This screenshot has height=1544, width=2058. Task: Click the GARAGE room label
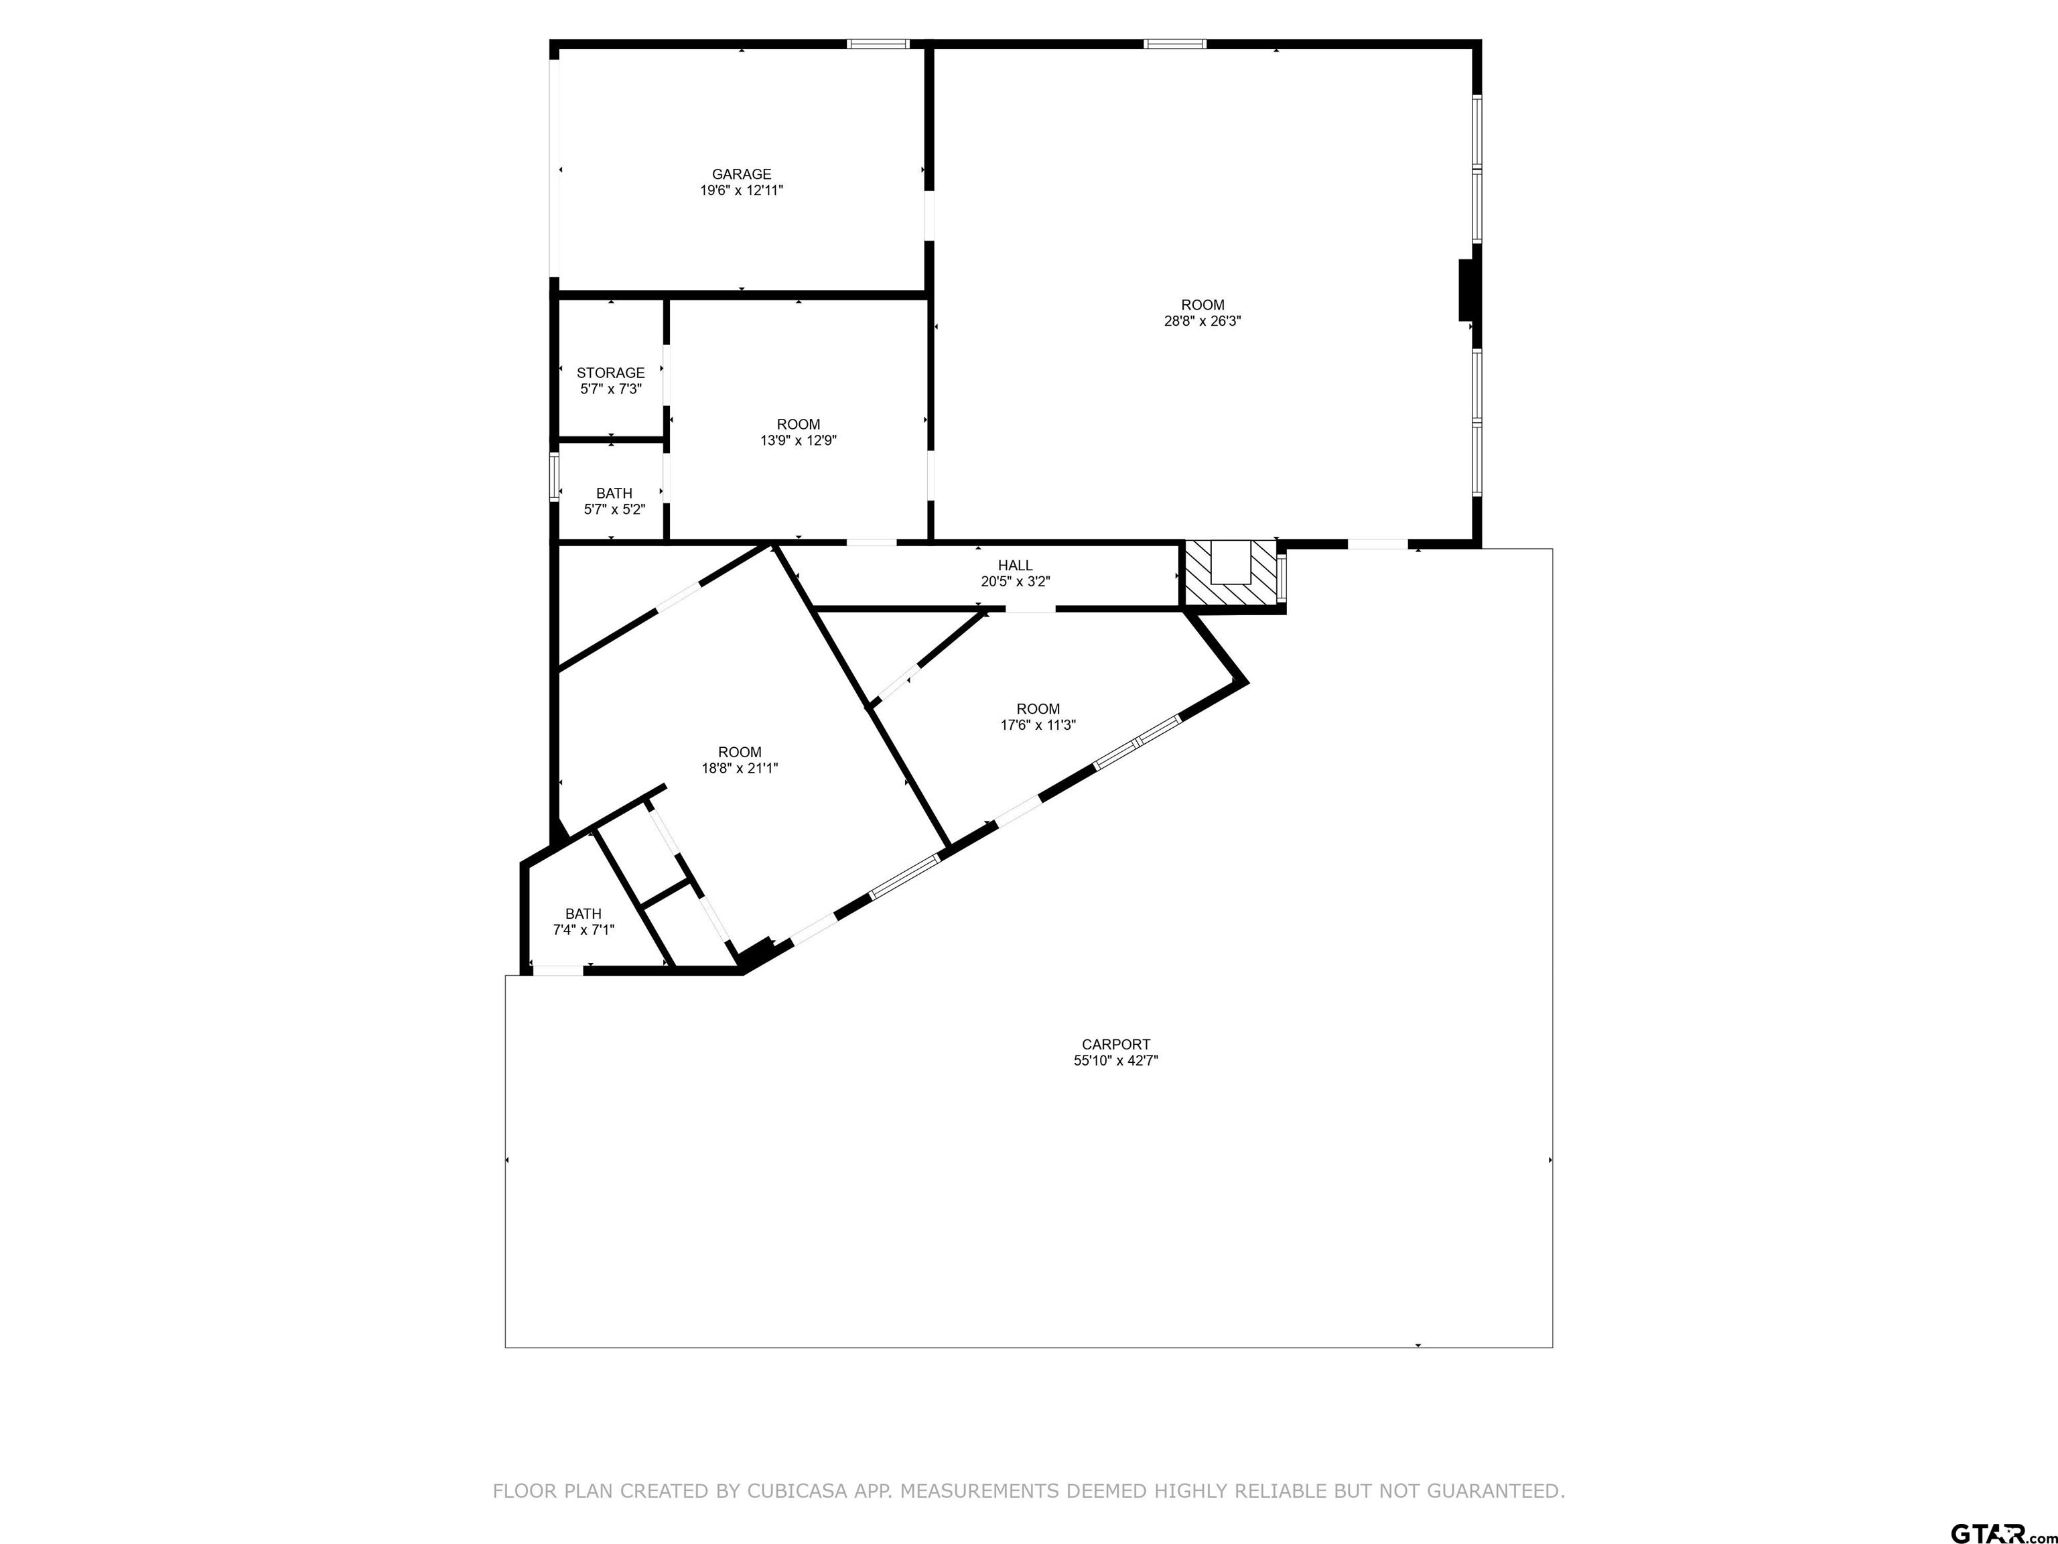point(742,174)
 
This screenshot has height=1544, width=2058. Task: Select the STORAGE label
point(610,373)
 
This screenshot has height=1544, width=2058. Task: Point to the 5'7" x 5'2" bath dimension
point(614,510)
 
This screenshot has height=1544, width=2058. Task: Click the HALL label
point(1015,566)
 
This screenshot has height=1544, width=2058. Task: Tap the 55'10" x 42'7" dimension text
point(1115,1061)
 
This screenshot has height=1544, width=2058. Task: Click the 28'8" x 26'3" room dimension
point(1203,321)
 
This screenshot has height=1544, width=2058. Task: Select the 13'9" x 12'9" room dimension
point(799,441)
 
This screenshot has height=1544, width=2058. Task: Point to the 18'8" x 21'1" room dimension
point(740,769)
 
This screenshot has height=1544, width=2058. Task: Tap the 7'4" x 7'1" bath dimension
point(584,929)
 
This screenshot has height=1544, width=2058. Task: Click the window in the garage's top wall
point(878,44)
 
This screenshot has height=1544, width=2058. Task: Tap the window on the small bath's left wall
point(555,476)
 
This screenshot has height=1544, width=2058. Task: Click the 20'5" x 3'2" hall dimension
point(1015,582)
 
